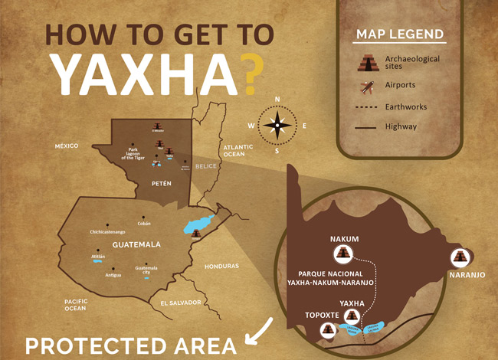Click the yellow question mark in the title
(x=244, y=72)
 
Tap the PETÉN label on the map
(x=161, y=184)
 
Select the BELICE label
(x=206, y=165)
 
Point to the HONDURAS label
(x=221, y=266)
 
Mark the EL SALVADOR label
(x=181, y=303)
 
